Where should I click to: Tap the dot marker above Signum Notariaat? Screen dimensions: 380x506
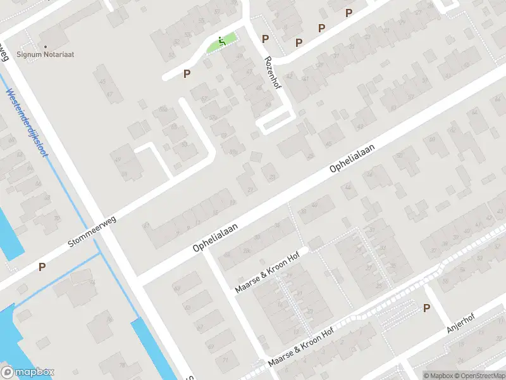[46, 46]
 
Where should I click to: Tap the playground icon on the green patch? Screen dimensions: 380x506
[221, 42]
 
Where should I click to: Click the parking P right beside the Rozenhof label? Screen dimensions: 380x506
[266, 39]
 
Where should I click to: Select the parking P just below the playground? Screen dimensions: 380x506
[187, 74]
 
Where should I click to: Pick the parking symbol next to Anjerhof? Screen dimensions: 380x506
[427, 308]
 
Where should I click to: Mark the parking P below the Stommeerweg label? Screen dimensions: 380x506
[42, 267]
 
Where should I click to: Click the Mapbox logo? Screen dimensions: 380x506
[28, 372]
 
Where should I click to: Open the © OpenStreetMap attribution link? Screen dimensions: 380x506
[479, 376]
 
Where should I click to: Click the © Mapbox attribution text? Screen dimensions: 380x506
[438, 376]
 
